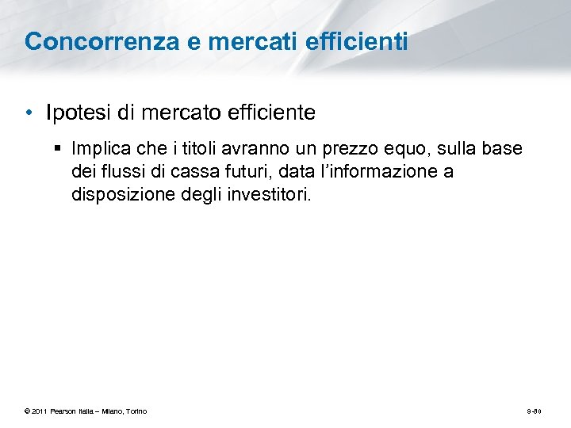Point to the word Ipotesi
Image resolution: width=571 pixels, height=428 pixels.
(x=79, y=113)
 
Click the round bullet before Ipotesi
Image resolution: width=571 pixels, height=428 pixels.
(x=29, y=113)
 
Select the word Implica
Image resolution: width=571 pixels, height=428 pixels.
(x=100, y=149)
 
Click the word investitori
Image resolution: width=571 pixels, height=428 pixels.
(x=271, y=193)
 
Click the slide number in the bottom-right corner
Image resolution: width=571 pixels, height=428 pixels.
(x=534, y=411)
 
